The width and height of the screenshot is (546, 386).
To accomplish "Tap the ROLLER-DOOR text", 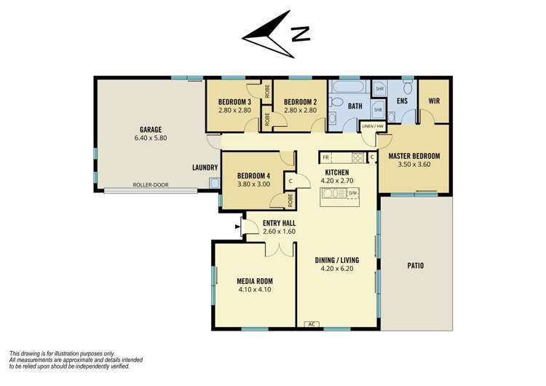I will pyautogui.click(x=151, y=185).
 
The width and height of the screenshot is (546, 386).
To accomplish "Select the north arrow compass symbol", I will pyautogui.click(x=277, y=34).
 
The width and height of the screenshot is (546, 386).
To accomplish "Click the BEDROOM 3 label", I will pyautogui.click(x=234, y=101).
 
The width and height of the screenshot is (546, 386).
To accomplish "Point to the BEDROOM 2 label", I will pyautogui.click(x=299, y=101).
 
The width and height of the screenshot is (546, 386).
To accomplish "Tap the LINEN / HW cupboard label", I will pyautogui.click(x=373, y=127).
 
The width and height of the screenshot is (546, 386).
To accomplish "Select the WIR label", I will pyautogui.click(x=435, y=101).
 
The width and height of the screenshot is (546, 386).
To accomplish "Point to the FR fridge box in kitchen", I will pyautogui.click(x=325, y=157).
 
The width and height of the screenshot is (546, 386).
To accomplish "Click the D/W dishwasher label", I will pyautogui.click(x=352, y=193).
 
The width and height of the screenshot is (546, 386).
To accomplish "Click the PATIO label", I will pyautogui.click(x=416, y=265).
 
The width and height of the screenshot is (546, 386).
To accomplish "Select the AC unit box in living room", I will pyautogui.click(x=312, y=324).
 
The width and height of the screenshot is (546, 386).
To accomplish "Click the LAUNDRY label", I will pyautogui.click(x=205, y=167).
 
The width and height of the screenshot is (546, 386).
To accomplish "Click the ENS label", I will pyautogui.click(x=400, y=101).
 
